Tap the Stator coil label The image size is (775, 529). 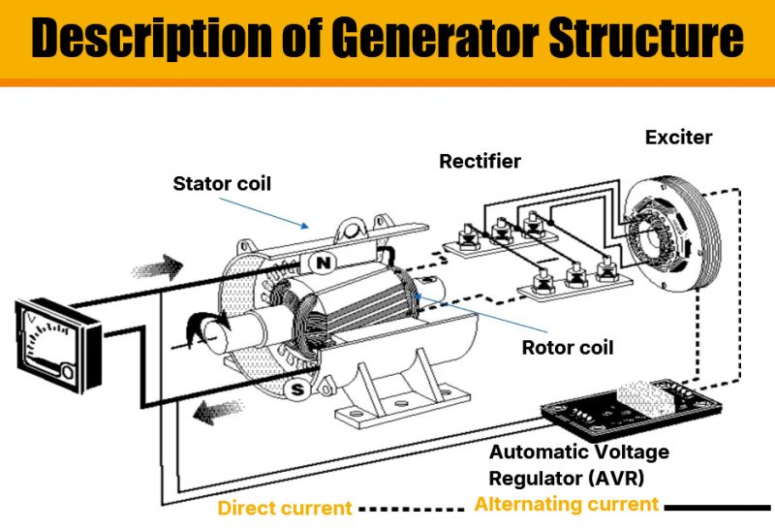click(x=222, y=182)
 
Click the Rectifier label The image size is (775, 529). click(x=480, y=160)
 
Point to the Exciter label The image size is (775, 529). click(x=678, y=137)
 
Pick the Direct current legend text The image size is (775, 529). click(x=285, y=508)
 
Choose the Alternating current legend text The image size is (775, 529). click(x=566, y=504)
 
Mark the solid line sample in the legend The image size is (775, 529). click(x=716, y=506)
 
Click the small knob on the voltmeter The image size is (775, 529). click(x=69, y=370)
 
